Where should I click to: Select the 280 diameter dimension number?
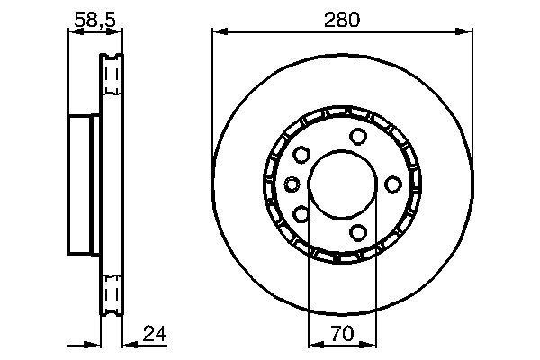click(x=342, y=19)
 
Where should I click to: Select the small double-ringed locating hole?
click(x=292, y=184)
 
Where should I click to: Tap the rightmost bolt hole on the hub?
click(x=392, y=184)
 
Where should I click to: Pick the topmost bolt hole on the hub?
click(x=358, y=136)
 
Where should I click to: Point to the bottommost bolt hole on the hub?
click(x=358, y=233)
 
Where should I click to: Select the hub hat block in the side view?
click(x=83, y=184)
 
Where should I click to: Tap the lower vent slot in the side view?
click(x=111, y=295)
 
